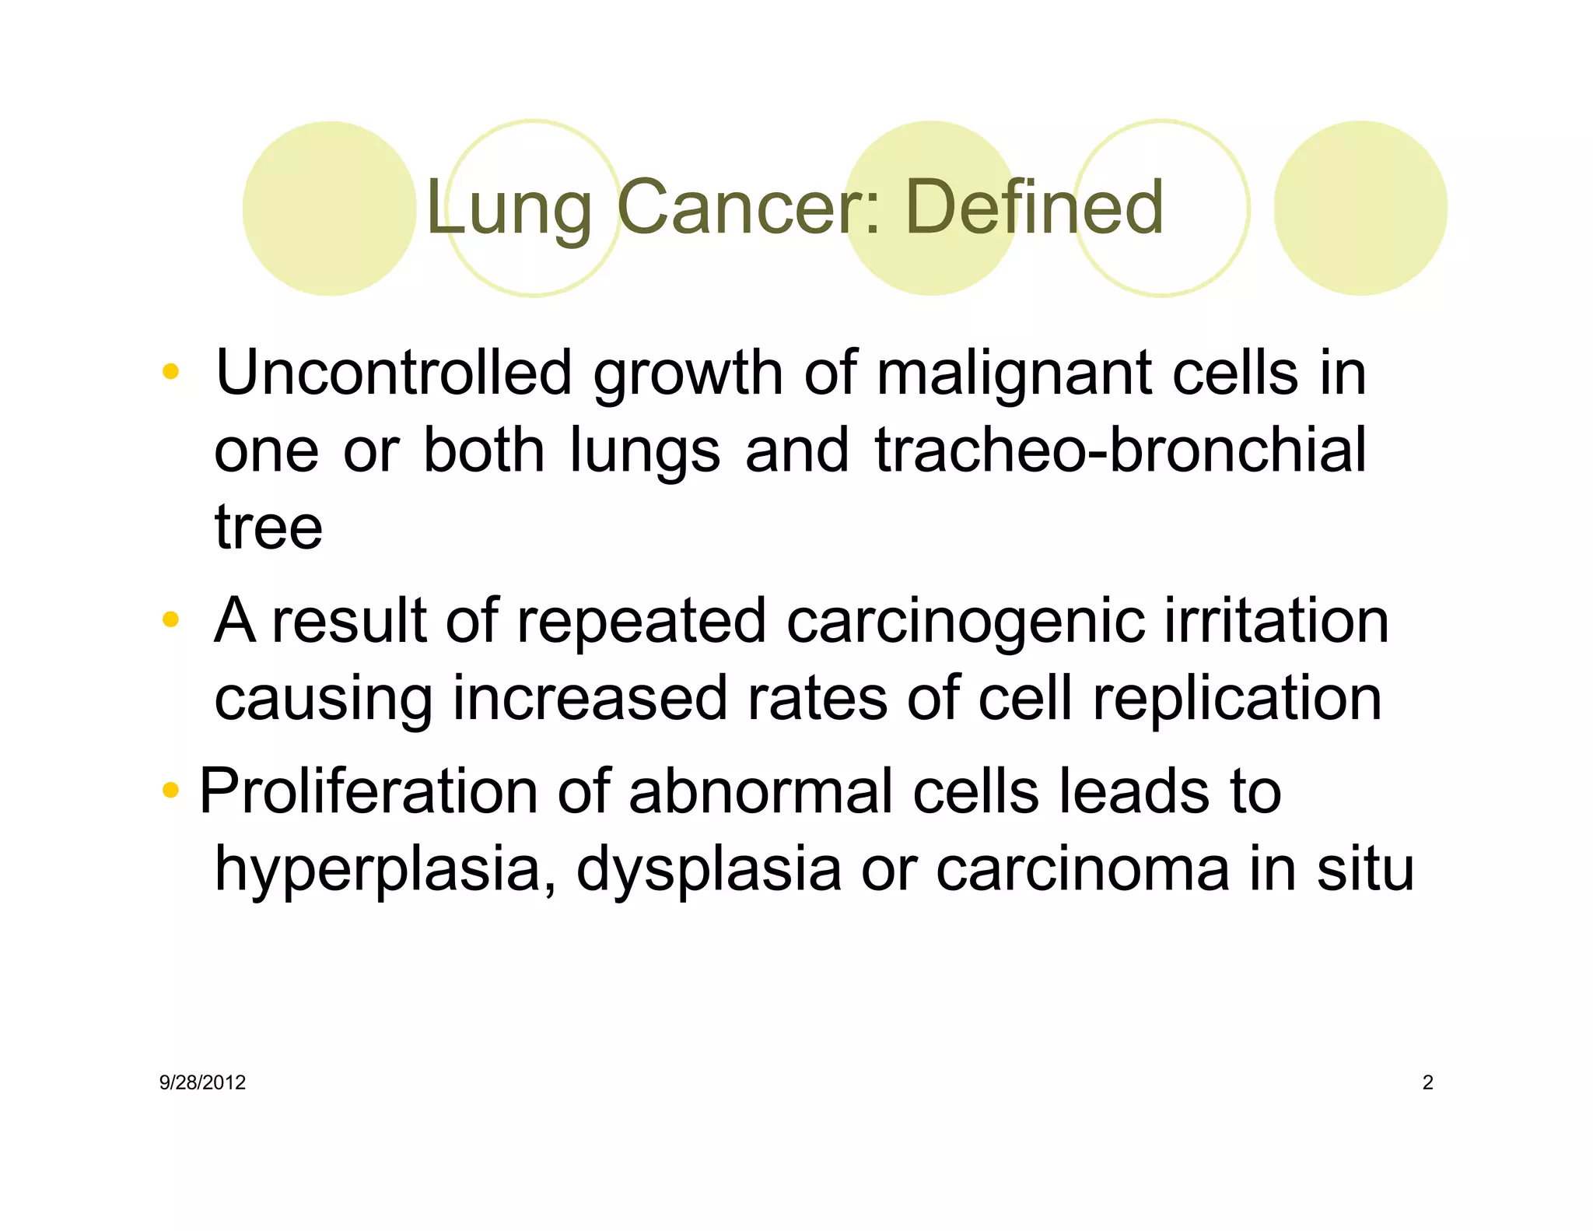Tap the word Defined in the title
[1035, 207]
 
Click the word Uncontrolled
[394, 373]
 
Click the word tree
[268, 528]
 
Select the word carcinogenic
[965, 623]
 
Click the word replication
[1237, 699]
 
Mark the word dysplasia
[709, 870]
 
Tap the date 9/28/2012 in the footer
[202, 1082]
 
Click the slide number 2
[1427, 1082]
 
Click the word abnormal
[761, 791]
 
